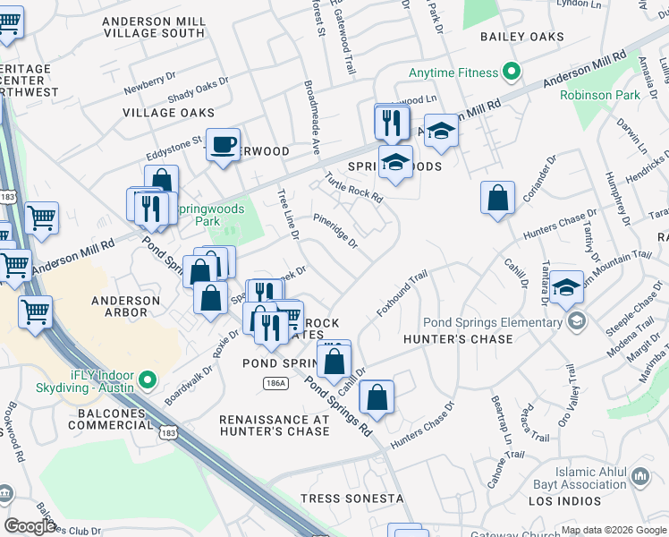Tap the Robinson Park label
click(x=598, y=95)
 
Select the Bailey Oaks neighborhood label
click(x=522, y=37)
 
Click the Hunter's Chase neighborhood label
click(x=458, y=339)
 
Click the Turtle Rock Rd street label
click(x=353, y=185)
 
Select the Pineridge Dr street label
click(x=335, y=230)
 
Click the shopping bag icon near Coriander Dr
click(x=497, y=198)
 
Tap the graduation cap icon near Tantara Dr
click(x=565, y=287)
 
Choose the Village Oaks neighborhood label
click(x=169, y=113)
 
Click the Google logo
click(x=30, y=526)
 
